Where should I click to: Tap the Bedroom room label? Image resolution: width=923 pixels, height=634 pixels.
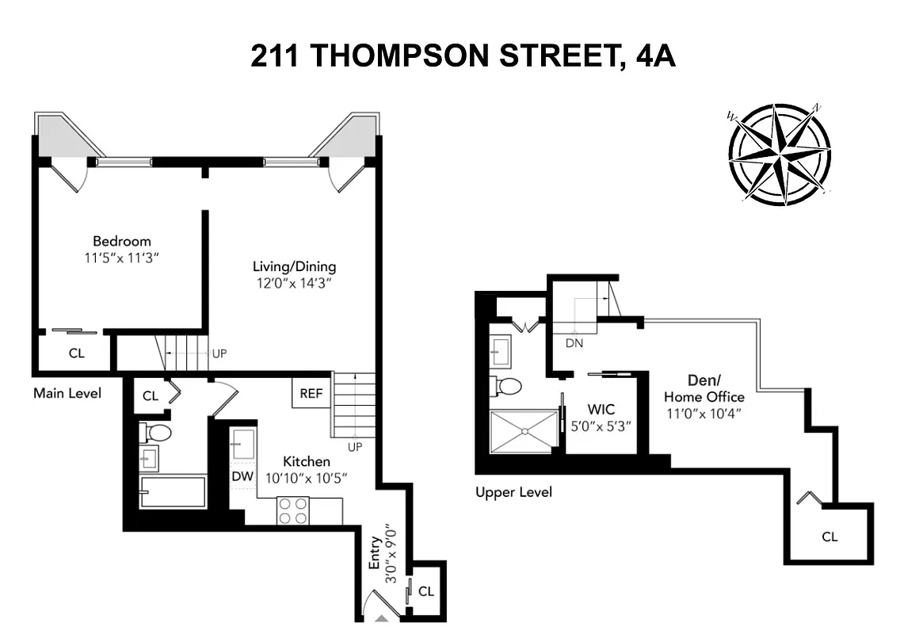[121, 241]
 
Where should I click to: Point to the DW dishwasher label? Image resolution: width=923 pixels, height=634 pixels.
[242, 476]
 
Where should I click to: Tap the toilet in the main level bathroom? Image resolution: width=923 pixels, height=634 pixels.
[156, 433]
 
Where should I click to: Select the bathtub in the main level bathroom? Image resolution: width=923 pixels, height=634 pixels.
[173, 491]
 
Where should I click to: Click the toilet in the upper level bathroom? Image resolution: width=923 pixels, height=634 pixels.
[509, 386]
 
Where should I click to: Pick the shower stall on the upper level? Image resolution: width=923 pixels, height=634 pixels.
[524, 431]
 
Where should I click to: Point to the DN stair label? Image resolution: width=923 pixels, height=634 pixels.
[575, 343]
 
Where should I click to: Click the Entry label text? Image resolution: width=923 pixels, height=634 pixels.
[376, 553]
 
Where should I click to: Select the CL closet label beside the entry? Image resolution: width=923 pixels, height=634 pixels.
[426, 591]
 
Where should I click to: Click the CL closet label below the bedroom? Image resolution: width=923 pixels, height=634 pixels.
[76, 353]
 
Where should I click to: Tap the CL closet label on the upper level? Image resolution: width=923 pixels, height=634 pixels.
[829, 537]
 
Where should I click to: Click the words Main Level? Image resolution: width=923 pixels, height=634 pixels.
[67, 393]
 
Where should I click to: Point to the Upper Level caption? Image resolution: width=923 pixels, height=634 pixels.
[513, 492]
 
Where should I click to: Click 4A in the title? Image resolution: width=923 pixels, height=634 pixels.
[654, 56]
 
